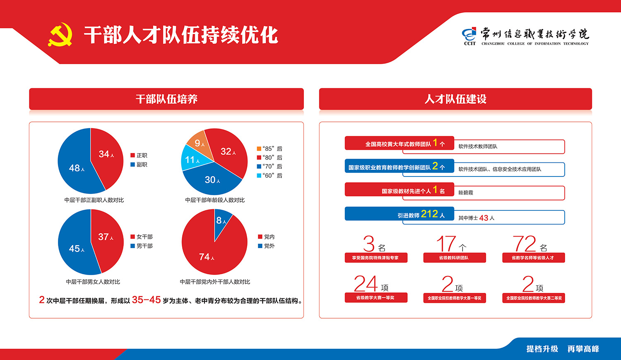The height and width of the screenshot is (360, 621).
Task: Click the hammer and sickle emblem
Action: [60, 34]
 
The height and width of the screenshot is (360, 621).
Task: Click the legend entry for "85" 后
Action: [270, 149]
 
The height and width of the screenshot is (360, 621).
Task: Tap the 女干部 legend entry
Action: [142, 237]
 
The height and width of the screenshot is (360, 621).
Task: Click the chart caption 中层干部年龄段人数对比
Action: [214, 200]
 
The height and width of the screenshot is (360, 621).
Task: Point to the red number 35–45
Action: [146, 300]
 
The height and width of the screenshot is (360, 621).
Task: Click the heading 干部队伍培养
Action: [166, 99]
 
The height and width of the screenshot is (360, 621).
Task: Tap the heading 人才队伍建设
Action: [455, 99]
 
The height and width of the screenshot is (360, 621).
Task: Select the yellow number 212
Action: [429, 214]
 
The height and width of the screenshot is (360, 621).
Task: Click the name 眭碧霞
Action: [466, 193]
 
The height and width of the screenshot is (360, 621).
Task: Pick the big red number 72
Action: [524, 244]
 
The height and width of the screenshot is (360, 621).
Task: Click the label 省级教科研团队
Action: [454, 258]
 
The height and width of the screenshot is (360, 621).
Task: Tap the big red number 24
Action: [366, 283]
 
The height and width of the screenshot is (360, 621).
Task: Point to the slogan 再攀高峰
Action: [583, 349]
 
